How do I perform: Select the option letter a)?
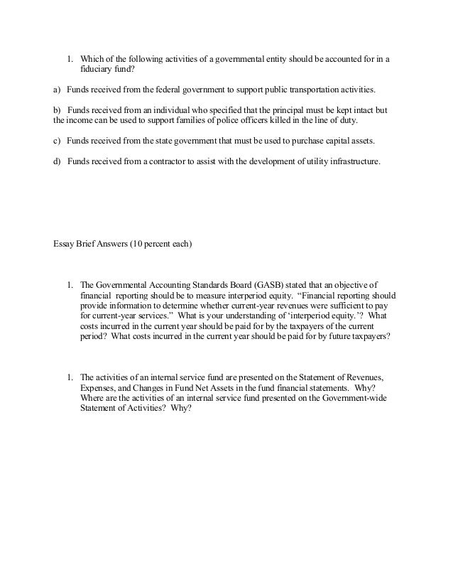click(57, 92)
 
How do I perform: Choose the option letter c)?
click(57, 140)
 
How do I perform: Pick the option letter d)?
click(57, 161)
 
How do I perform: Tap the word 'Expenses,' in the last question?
click(97, 388)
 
